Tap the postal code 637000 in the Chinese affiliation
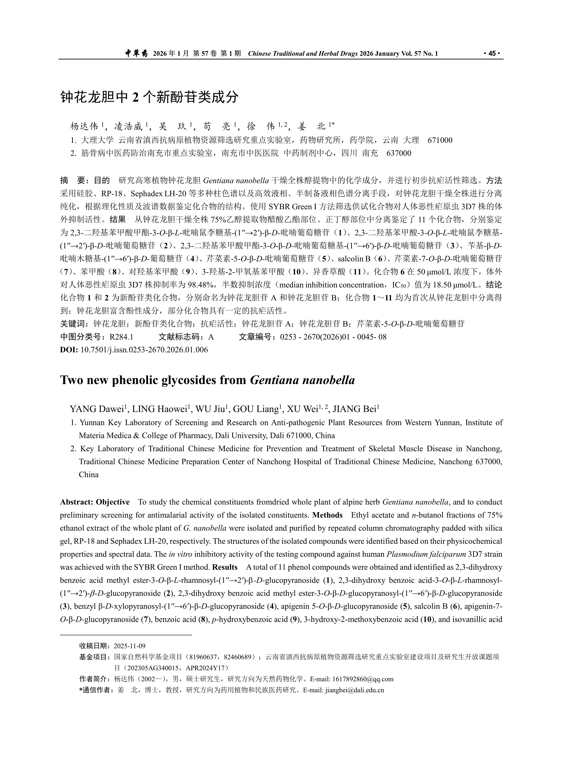(x=399, y=153)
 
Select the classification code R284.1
(x=121, y=337)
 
